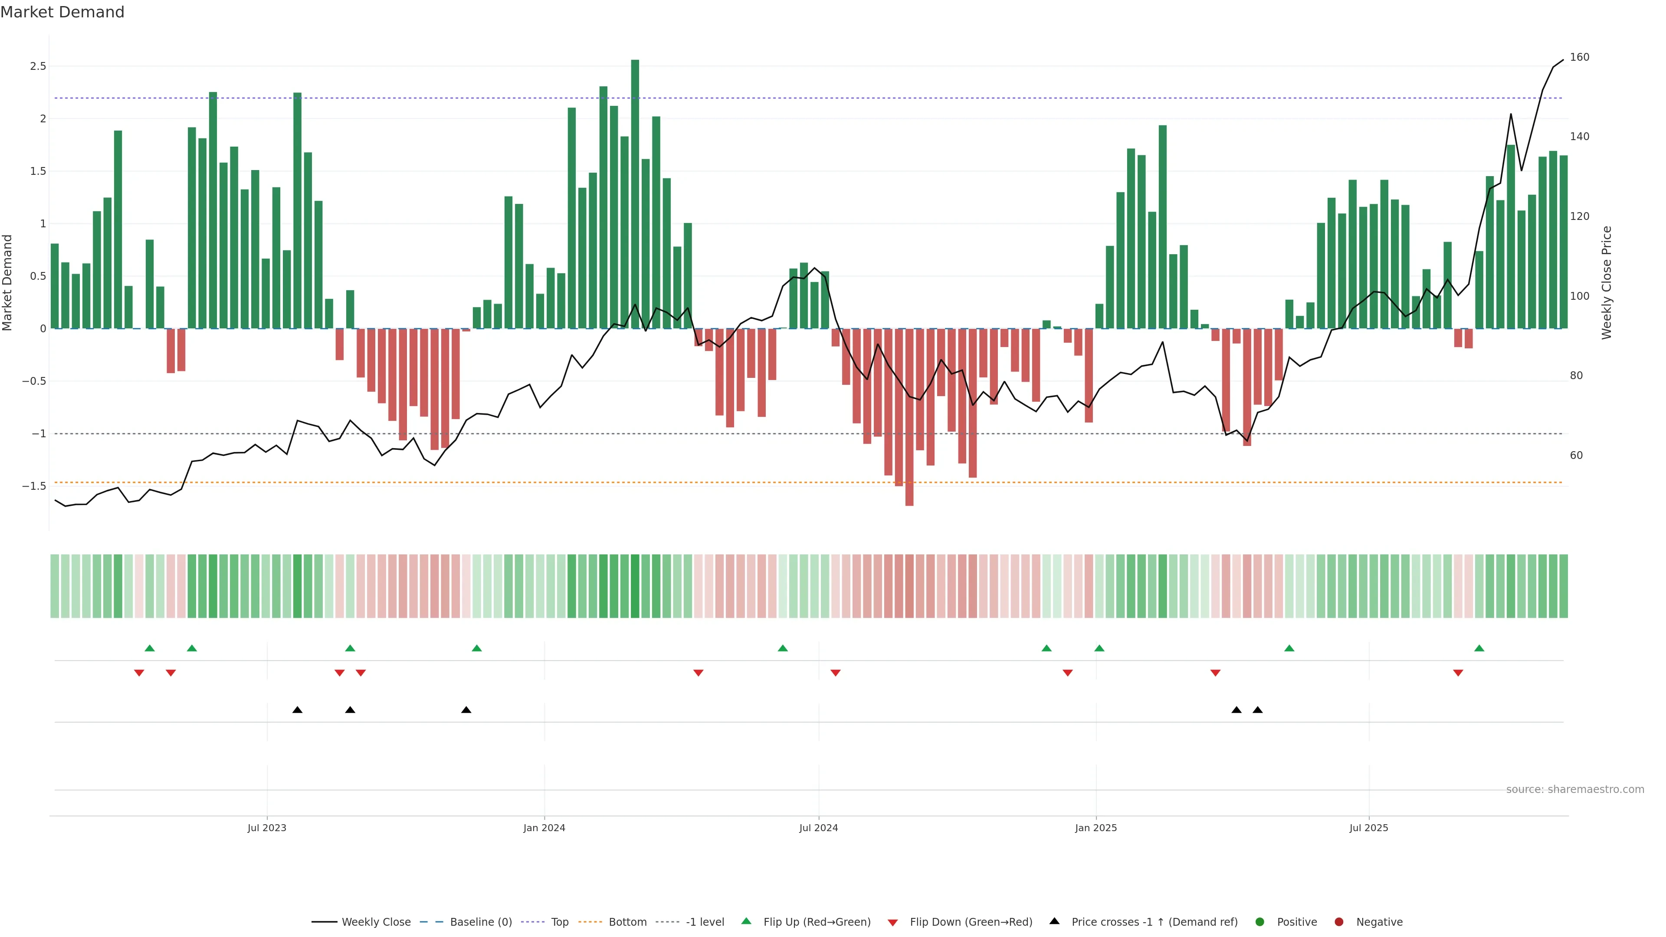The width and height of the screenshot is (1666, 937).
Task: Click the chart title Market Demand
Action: click(62, 12)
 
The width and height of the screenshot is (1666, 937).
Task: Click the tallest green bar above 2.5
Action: click(635, 194)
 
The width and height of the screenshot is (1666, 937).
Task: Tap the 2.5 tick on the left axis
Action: click(38, 66)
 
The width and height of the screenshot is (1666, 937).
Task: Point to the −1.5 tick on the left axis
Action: click(34, 486)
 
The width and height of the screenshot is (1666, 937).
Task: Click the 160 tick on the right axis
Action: click(1579, 57)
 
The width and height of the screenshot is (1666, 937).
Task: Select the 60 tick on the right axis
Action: click(1576, 455)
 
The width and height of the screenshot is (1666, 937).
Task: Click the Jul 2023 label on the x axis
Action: click(266, 828)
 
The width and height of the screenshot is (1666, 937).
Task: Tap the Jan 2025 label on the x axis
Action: click(1095, 828)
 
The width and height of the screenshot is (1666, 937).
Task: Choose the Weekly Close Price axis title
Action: click(1607, 282)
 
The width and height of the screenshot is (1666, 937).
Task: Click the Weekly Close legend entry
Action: click(376, 922)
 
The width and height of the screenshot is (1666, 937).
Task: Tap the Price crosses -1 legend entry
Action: click(1154, 922)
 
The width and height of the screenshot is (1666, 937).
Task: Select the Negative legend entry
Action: click(1379, 922)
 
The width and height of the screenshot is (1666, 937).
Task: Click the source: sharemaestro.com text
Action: click(1575, 790)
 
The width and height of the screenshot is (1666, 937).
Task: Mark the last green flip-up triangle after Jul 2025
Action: click(1479, 648)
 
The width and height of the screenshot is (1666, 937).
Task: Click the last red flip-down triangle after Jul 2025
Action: click(1458, 673)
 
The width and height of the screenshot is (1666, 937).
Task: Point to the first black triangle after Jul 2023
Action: click(298, 710)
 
